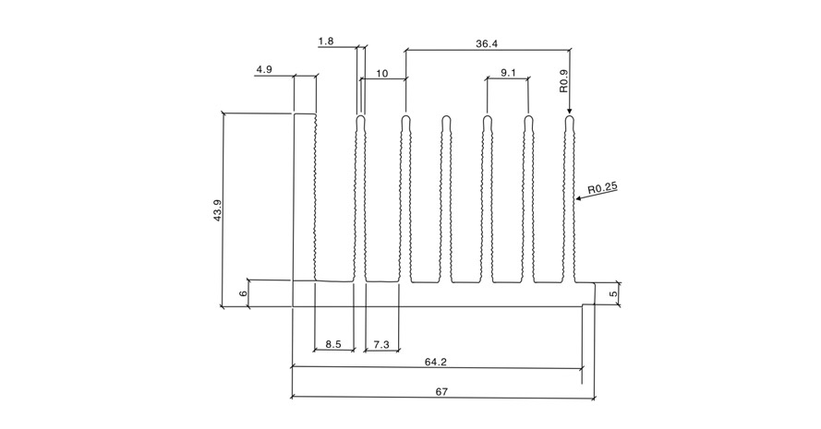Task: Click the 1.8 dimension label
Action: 326,41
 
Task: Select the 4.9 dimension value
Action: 264,69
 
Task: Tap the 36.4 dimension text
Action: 487,44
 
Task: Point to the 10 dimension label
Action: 382,73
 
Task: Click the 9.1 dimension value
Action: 508,73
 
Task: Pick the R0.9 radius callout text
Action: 563,81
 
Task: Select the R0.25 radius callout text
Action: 603,188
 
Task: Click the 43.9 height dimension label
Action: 217,209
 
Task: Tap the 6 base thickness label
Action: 243,293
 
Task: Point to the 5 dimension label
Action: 614,294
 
